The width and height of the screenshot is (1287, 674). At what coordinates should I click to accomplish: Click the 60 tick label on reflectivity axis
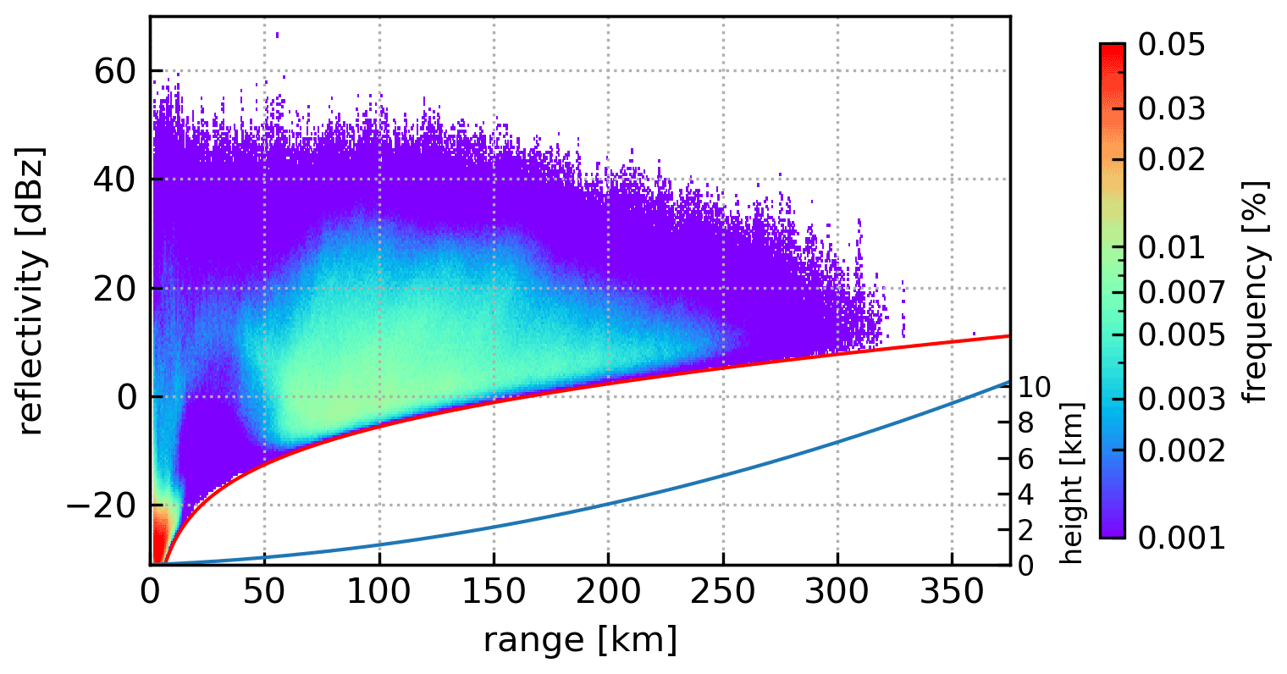114,72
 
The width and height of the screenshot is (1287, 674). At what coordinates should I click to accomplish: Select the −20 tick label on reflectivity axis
106,506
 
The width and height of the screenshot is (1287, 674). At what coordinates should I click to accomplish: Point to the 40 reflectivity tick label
114,180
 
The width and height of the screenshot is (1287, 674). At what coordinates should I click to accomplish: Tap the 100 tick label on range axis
379,592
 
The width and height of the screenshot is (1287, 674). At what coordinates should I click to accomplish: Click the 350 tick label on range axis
952,592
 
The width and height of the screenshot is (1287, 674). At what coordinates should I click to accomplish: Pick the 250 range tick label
722,592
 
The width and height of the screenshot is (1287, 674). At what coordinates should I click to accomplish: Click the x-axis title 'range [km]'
580,640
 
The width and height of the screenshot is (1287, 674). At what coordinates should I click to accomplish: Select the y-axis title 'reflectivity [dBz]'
30,290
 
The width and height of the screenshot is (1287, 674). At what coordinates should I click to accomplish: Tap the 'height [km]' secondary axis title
1071,483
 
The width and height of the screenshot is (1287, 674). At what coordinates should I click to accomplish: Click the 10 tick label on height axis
1034,387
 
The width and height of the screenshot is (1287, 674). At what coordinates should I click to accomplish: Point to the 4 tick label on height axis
1025,494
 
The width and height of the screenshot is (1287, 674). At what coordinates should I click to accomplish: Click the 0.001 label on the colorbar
1181,538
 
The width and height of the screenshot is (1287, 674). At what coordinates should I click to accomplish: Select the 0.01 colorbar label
1171,248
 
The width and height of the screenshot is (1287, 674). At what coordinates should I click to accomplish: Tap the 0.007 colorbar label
1181,293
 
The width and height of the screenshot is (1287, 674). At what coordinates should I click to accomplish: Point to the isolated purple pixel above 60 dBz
277,35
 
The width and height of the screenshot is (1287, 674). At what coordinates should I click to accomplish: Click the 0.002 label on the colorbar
1181,450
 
